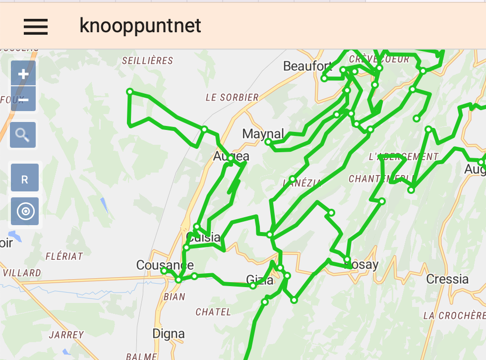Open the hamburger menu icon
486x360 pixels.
click(36, 26)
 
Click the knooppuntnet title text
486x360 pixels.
click(140, 26)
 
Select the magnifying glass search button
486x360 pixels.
click(23, 134)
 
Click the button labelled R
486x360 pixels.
click(25, 180)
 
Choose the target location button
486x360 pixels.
click(25, 212)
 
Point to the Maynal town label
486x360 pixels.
click(263, 134)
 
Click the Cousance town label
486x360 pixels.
click(165, 265)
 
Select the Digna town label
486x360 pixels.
click(169, 334)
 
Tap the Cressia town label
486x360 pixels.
click(447, 279)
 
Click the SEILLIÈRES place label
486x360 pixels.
click(148, 61)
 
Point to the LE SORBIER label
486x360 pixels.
click(232, 98)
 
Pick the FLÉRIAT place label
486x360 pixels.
click(64, 256)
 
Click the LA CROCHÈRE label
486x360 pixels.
click(454, 316)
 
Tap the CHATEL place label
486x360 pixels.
click(213, 312)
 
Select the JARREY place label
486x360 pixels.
click(66, 335)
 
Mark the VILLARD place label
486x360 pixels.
click(22, 273)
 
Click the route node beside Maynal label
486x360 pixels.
click(268, 142)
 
